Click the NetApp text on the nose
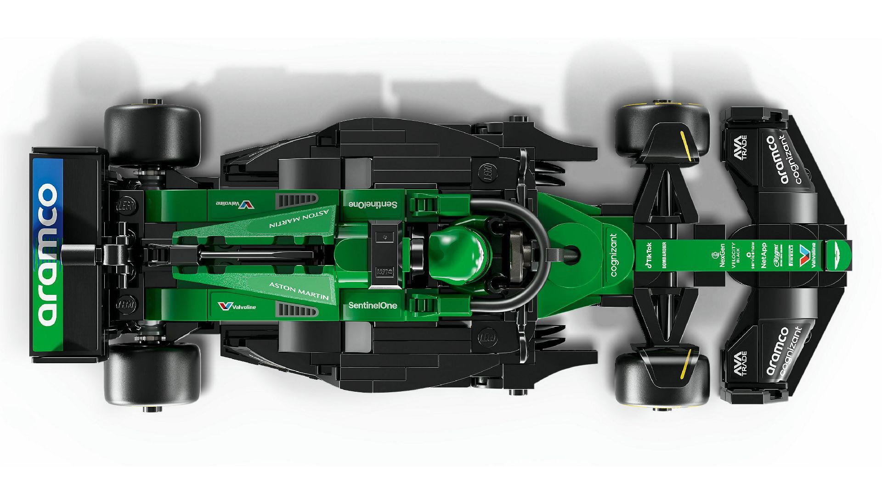(x=763, y=255)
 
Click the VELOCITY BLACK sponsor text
(x=735, y=255)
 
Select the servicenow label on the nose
(x=752, y=255)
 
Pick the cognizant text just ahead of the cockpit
(x=614, y=255)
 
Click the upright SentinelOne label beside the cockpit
(x=373, y=305)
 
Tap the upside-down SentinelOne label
(x=373, y=204)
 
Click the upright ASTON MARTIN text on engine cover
(x=299, y=290)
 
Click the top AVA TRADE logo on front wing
(x=740, y=147)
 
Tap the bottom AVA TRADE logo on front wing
(x=740, y=363)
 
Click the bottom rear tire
(x=152, y=374)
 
